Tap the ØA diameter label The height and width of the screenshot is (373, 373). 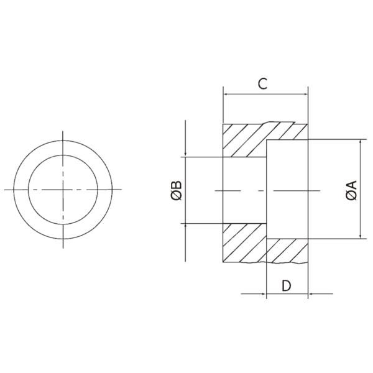[351, 190]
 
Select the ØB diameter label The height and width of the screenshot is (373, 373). [177, 190]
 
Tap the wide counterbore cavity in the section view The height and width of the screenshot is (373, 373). [287, 190]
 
